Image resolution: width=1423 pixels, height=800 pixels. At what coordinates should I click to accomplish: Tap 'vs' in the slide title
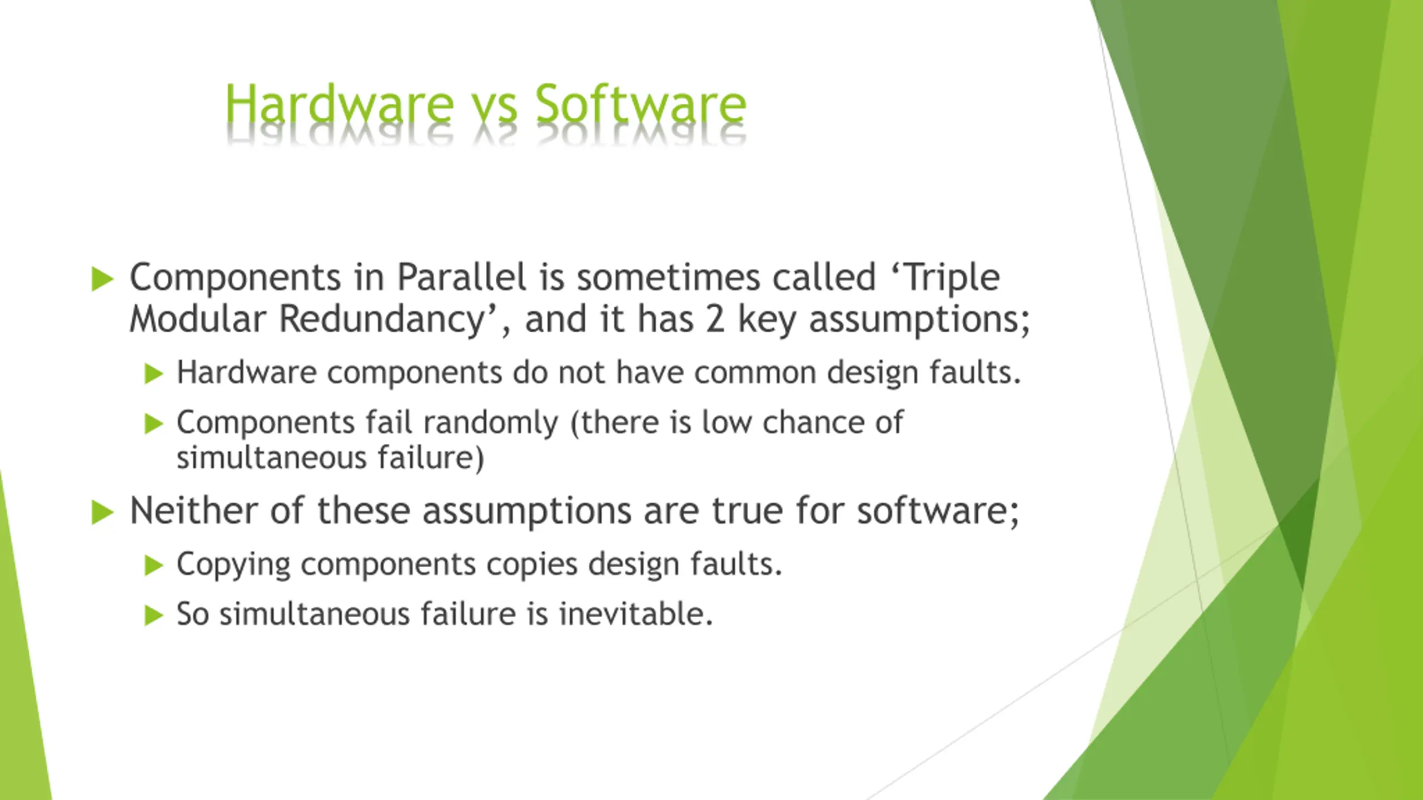click(x=494, y=110)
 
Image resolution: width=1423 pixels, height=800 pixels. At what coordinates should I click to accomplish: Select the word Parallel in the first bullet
click(x=461, y=277)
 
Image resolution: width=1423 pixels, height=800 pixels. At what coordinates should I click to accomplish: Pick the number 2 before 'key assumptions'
click(x=715, y=321)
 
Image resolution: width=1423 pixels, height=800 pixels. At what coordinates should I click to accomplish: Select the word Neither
click(x=194, y=511)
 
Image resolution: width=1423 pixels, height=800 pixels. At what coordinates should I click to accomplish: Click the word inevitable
click(x=636, y=614)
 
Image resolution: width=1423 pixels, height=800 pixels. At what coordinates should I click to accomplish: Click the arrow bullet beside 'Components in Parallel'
click(x=102, y=279)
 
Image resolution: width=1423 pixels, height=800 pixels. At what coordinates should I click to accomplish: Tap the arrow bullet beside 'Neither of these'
click(x=102, y=512)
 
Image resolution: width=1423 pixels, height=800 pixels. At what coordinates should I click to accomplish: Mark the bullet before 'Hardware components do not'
click(x=153, y=374)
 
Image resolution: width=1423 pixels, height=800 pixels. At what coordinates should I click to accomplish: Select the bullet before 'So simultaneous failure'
click(x=153, y=616)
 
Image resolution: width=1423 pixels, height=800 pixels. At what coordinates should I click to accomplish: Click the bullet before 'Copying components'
click(x=153, y=566)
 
